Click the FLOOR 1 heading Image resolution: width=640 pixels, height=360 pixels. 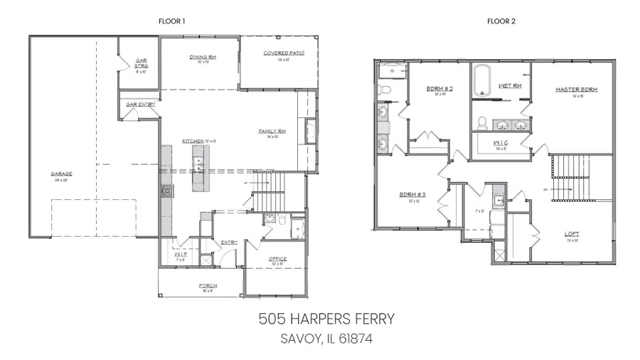tap(171, 21)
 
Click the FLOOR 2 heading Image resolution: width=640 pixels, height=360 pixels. tap(501, 21)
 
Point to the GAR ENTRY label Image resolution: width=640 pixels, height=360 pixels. tap(141, 105)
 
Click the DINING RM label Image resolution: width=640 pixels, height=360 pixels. tap(203, 57)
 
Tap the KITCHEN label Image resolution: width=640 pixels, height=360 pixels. tap(193, 142)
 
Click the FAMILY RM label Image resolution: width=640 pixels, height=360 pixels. tap(272, 132)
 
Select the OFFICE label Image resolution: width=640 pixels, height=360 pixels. tap(277, 259)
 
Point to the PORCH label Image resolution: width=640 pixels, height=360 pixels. tap(208, 286)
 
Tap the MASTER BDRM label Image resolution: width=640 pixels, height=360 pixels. tap(576, 90)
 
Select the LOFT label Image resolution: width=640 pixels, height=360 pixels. tap(572, 233)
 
